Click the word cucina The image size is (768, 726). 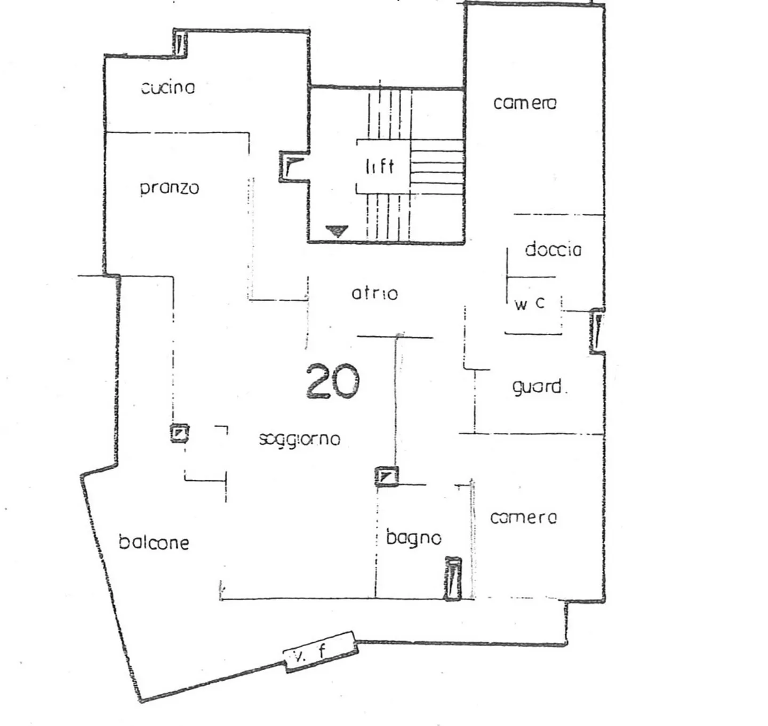pos(168,87)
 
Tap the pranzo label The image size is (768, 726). pos(170,188)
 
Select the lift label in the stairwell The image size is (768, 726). pos(380,166)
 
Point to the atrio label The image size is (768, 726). pos(374,293)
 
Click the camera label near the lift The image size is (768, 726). pos(525,102)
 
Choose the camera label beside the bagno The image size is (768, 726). pos(523,517)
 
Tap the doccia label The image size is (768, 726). pos(553,249)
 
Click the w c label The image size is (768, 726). pos(530,304)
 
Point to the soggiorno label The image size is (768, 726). pos(299,439)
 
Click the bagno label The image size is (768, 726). pos(414,537)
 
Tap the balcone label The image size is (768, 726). pos(154,542)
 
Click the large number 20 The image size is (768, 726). pos(333,381)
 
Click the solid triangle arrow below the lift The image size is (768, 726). pos(337,231)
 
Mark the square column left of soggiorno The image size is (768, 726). pos(179,433)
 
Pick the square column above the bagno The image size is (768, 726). pos(386,476)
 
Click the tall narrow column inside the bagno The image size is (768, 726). pos(453,579)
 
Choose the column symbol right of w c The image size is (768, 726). pos(598,331)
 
